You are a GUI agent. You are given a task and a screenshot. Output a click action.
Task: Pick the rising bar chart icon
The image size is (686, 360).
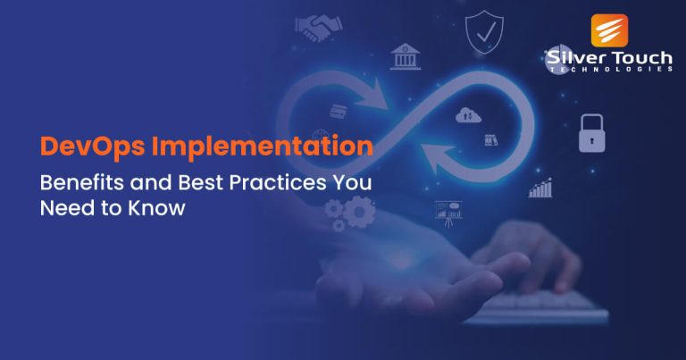click(541, 187)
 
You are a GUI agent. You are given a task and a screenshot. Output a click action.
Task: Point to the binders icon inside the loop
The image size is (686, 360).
click(489, 140)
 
